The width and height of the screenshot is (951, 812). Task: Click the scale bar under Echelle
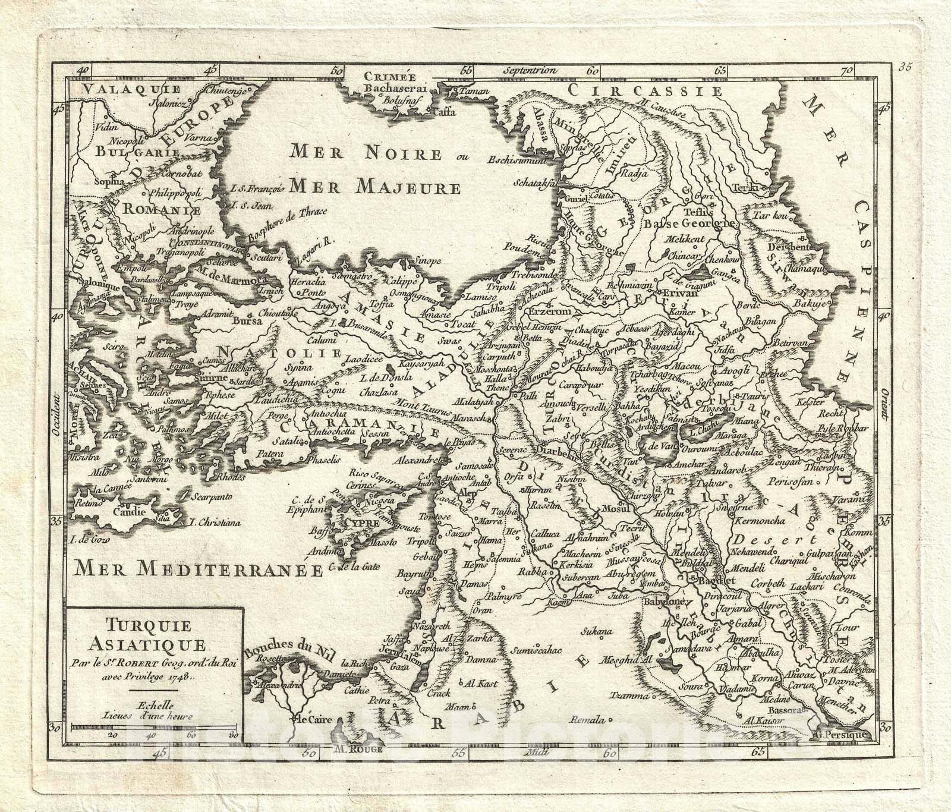153,726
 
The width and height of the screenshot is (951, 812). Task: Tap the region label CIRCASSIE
644,90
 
